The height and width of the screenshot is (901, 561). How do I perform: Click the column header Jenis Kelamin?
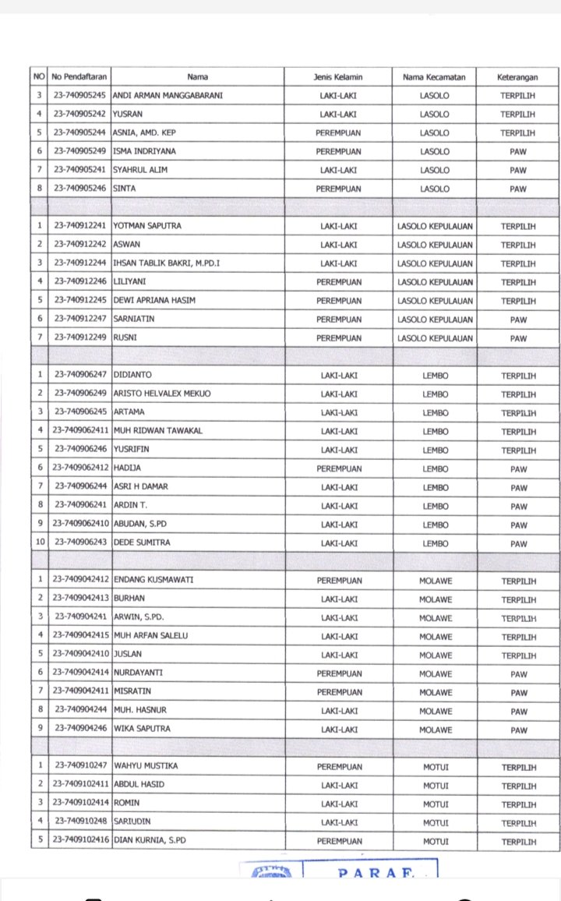339,77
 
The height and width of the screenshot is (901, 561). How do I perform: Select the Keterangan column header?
518,77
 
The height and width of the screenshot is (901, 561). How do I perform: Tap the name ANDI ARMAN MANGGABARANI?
164,96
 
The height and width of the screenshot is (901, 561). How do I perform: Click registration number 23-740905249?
80,151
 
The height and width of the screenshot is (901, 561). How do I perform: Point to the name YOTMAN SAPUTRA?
148,226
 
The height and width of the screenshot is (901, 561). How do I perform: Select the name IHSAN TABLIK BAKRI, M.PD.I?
167,263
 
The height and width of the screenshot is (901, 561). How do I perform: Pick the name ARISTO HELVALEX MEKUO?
162,394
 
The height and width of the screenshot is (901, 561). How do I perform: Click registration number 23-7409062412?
80,469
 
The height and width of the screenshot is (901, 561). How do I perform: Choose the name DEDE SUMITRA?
142,543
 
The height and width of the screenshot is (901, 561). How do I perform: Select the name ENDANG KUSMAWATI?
153,581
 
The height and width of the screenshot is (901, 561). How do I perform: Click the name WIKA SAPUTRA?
142,730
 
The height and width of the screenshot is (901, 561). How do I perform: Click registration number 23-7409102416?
80,841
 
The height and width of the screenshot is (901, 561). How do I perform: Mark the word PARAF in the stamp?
370,873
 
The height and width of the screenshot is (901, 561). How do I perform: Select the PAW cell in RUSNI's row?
518,338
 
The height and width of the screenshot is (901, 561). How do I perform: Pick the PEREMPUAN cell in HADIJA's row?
339,469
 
